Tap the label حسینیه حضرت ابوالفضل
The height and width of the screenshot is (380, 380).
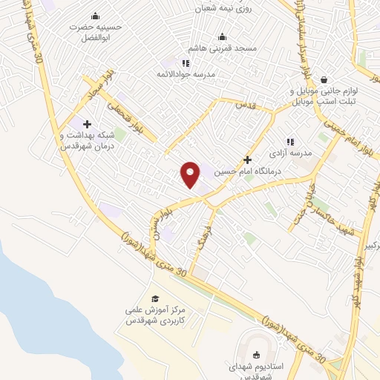pos(94,30)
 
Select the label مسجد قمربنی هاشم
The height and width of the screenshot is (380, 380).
pos(222,47)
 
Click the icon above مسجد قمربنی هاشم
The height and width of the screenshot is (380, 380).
pos(222,36)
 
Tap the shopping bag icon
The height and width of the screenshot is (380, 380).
pos(324,79)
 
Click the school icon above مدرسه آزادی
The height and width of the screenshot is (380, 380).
pos(290,141)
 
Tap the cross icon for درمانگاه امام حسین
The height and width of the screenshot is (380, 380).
pos(247,160)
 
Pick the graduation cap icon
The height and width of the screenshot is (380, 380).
pos(155,298)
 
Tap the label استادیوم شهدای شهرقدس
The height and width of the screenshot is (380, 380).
pos(256,372)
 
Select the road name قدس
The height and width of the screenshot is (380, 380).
pos(246,105)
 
